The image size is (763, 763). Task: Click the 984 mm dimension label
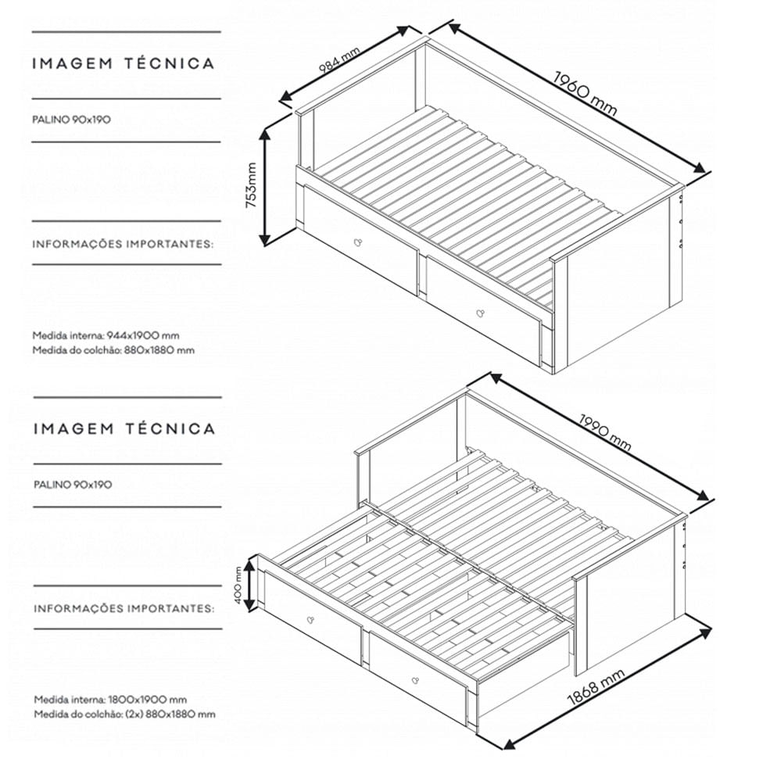pyautogui.click(x=339, y=59)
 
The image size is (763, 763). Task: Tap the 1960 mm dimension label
pyautogui.click(x=586, y=94)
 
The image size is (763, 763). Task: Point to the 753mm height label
pyautogui.click(x=251, y=185)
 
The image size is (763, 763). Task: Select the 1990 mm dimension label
pyautogui.click(x=605, y=432)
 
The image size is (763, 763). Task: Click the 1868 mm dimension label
pyautogui.click(x=596, y=687)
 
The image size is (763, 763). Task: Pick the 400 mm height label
pyautogui.click(x=238, y=586)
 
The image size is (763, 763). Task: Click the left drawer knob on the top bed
pyautogui.click(x=358, y=242)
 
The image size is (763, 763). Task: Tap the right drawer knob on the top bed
pyautogui.click(x=480, y=312)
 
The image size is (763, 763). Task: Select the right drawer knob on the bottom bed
pyautogui.click(x=415, y=680)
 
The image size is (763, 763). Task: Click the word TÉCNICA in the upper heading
pyautogui.click(x=170, y=63)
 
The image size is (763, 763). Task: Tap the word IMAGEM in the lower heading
pyautogui.click(x=73, y=428)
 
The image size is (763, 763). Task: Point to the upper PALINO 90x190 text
pyautogui.click(x=72, y=120)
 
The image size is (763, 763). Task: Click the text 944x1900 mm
pyautogui.click(x=143, y=335)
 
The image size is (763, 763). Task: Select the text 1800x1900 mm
pyautogui.click(x=148, y=700)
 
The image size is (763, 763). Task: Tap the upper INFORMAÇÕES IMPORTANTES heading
pyautogui.click(x=123, y=244)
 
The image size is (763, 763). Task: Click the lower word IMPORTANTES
pyautogui.click(x=170, y=609)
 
